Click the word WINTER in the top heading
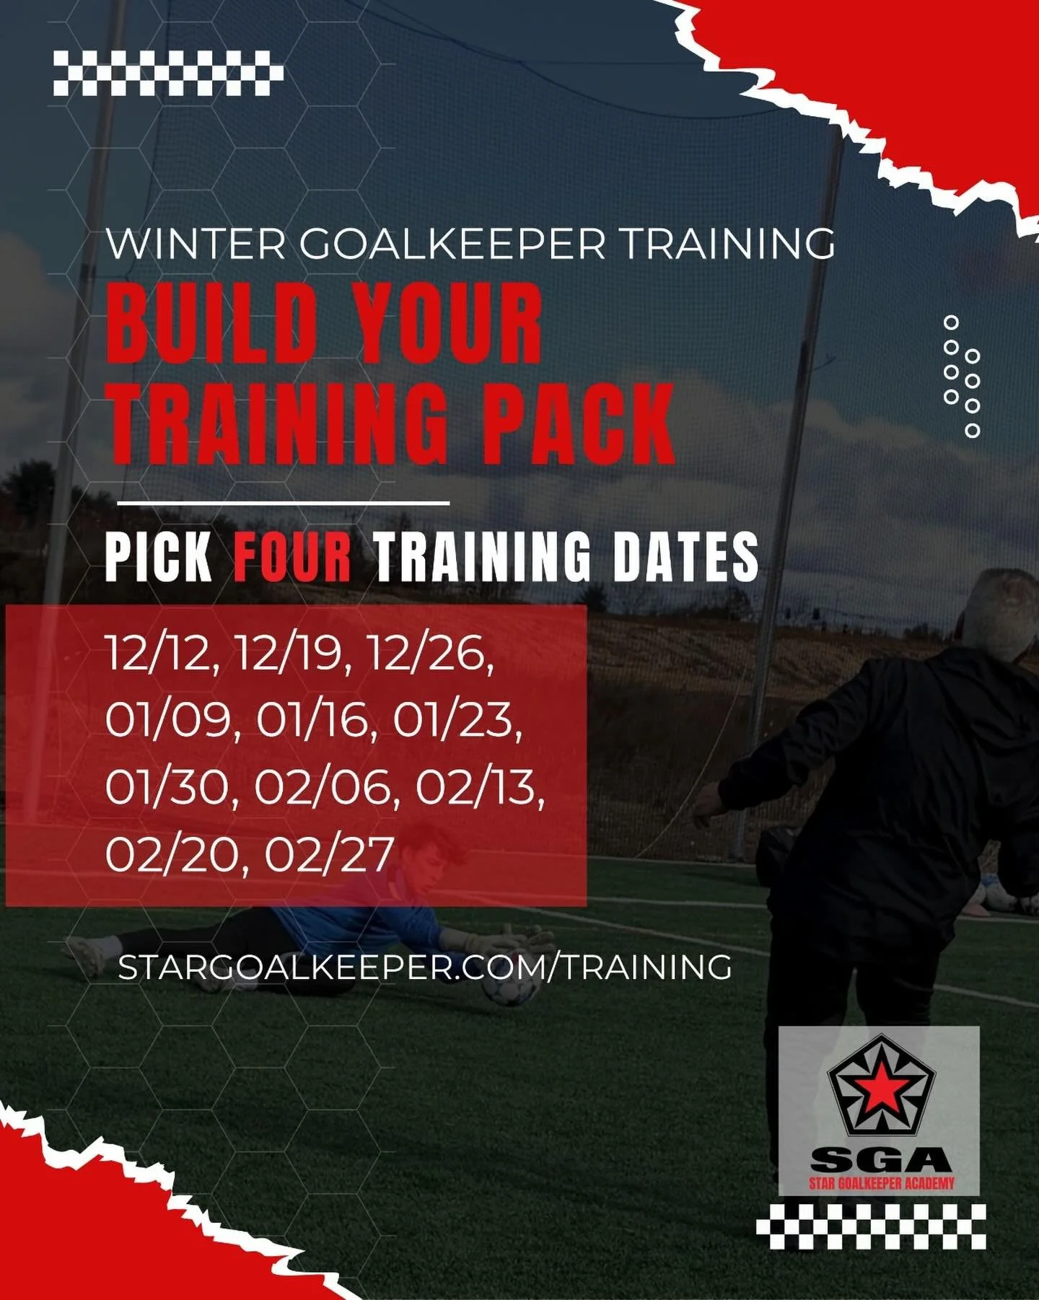point(196,245)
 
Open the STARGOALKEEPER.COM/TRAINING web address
point(424,966)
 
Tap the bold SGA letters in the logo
point(880,1159)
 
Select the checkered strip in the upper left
point(168,73)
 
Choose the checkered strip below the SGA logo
point(871,1227)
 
